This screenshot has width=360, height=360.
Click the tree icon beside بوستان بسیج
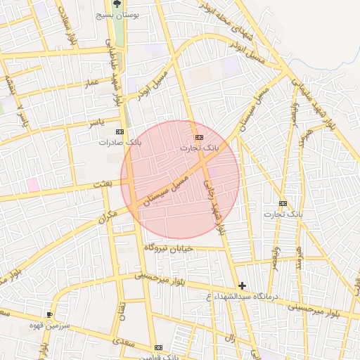[117, 4]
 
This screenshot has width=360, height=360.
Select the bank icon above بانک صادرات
[119, 131]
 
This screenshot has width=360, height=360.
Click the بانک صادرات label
[120, 142]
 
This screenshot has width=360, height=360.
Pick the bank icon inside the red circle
[199, 136]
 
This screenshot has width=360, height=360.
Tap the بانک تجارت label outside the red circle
[283, 213]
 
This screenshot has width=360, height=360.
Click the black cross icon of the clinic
[243, 285]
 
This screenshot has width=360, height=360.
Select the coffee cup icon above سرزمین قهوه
[49, 314]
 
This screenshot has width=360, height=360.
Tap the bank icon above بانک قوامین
[159, 347]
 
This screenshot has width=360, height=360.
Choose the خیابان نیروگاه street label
[167, 248]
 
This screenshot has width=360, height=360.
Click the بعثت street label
[103, 184]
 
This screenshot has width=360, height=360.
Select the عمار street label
[91, 83]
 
